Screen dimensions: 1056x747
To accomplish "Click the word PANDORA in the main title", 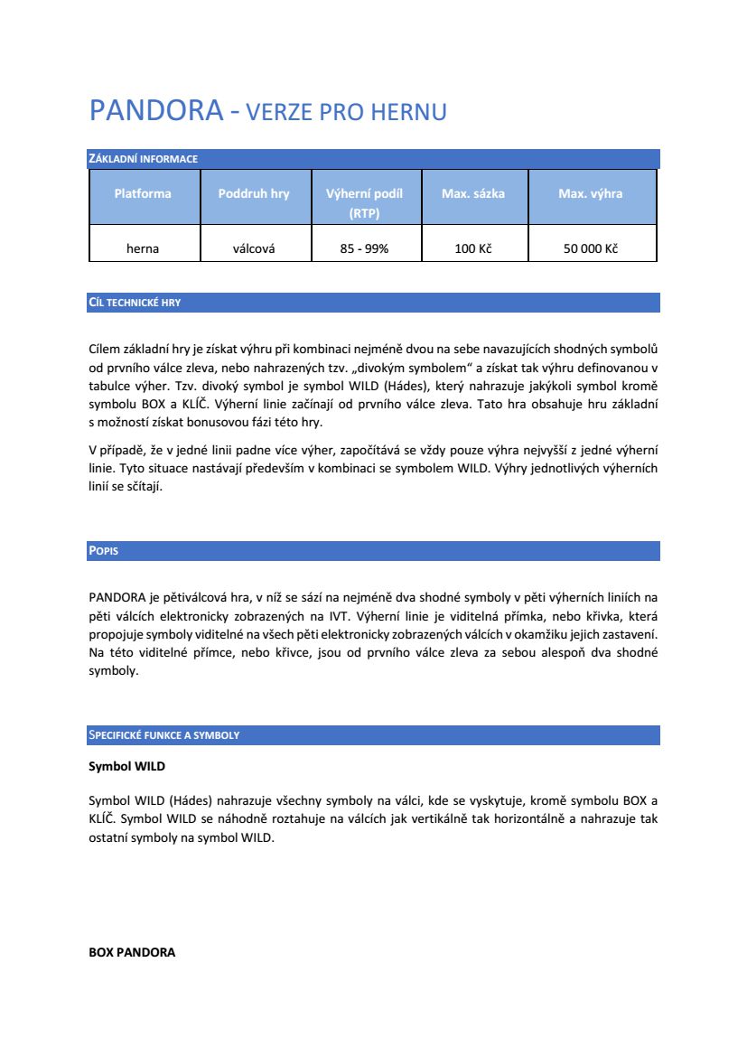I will tap(155, 110).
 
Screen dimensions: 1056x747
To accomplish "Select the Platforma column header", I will tap(143, 193).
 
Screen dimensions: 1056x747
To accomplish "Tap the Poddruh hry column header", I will tap(254, 193).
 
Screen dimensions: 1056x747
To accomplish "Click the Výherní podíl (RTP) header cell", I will tap(364, 203).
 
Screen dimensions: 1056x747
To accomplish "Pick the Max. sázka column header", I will tap(473, 193).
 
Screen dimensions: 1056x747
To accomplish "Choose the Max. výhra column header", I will tap(590, 193).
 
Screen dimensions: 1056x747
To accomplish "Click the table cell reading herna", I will tap(143, 248).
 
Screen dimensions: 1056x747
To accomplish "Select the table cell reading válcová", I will tap(254, 248).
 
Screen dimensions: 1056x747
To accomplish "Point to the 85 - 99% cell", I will tap(364, 248).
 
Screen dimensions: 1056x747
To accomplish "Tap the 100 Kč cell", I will tap(473, 248).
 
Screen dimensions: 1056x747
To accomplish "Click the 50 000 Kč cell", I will tap(590, 248).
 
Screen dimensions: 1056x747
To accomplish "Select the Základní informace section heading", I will tap(143, 159).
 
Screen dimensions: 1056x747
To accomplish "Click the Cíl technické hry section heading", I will tap(135, 303).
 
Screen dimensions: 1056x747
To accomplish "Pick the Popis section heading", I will tap(103, 551).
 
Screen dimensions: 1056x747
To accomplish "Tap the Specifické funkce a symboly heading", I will tap(163, 735).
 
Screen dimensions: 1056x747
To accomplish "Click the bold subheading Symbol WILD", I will tap(126, 766).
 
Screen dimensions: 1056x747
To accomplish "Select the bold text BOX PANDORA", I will tap(132, 952).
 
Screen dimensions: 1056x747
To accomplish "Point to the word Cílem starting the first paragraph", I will tap(106, 348).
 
